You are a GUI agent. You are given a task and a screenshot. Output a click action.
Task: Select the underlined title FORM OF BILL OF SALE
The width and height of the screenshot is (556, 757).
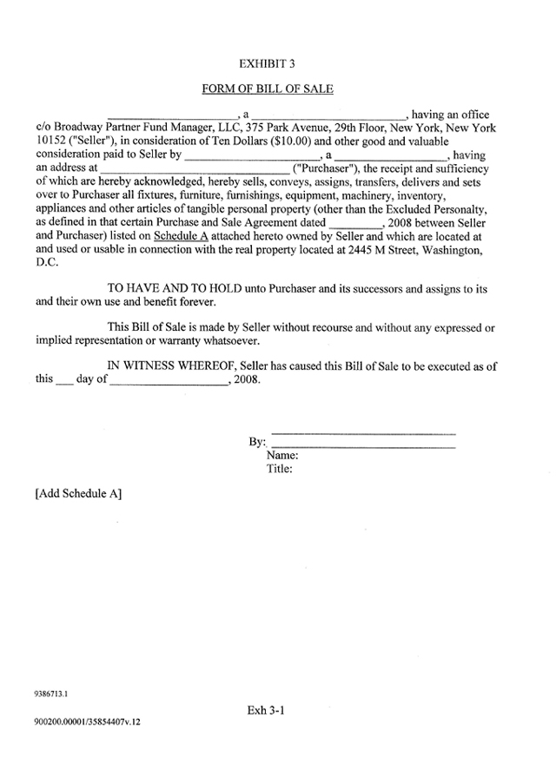(x=268, y=89)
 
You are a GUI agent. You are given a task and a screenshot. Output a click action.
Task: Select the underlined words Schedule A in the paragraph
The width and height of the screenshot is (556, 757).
(x=181, y=235)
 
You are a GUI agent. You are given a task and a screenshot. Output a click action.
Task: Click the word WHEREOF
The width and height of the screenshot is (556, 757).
(x=202, y=366)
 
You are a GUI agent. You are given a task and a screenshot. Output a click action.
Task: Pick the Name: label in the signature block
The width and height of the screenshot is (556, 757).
(x=283, y=455)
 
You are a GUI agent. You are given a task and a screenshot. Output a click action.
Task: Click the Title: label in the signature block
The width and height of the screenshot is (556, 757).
(x=280, y=469)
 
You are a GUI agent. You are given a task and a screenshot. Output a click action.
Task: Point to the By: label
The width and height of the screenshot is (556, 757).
(x=257, y=442)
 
